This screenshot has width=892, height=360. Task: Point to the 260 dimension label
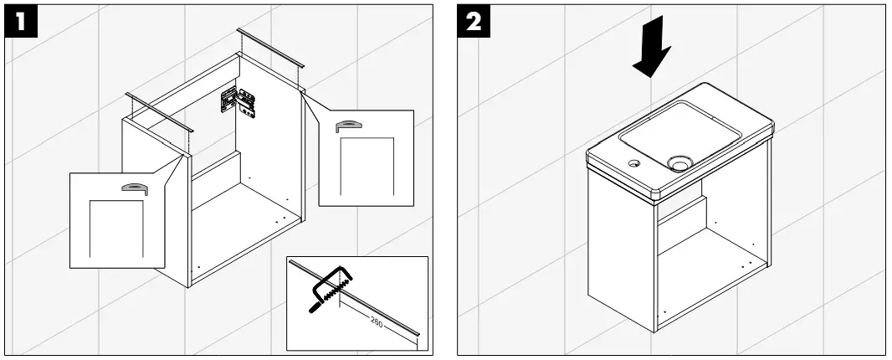pyautogui.click(x=377, y=324)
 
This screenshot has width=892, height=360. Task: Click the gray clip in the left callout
pyautogui.click(x=134, y=188)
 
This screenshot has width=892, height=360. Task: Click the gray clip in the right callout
pyautogui.click(x=348, y=126)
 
